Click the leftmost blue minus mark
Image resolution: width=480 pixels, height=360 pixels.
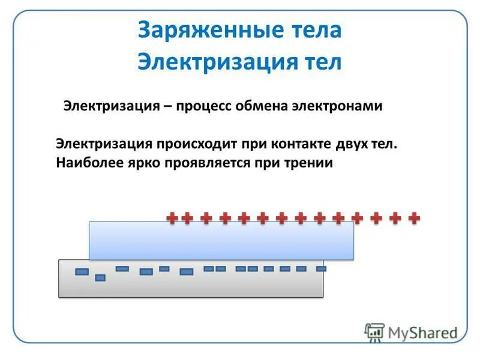[x=82, y=272]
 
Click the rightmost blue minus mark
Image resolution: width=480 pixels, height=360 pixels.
[x=321, y=269]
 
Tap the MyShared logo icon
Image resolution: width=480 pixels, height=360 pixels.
[x=374, y=332]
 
